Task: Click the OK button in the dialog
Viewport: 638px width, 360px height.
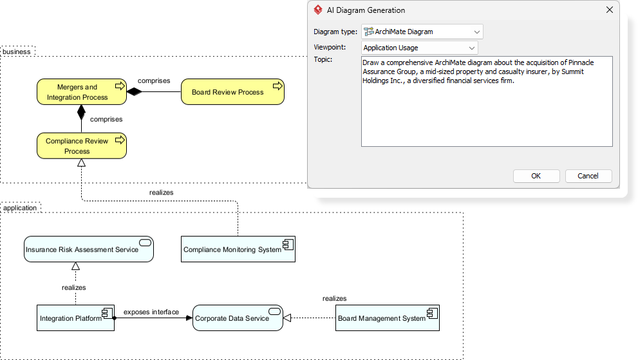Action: pos(536,176)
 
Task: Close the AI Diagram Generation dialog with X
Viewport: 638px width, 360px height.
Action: pos(610,10)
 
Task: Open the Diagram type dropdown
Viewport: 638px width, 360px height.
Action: pos(422,32)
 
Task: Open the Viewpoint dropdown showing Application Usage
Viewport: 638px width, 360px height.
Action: pos(419,48)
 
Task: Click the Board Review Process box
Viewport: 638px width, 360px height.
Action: pos(232,92)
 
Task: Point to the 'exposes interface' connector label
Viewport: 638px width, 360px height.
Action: pos(151,312)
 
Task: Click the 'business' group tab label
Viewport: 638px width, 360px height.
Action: pos(17,52)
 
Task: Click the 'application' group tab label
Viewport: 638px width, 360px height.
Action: pos(20,208)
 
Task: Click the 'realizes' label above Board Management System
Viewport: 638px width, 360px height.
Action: pos(334,299)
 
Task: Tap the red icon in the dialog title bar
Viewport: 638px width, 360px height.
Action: pos(317,10)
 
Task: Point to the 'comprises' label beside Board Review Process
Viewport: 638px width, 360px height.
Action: pos(154,81)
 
